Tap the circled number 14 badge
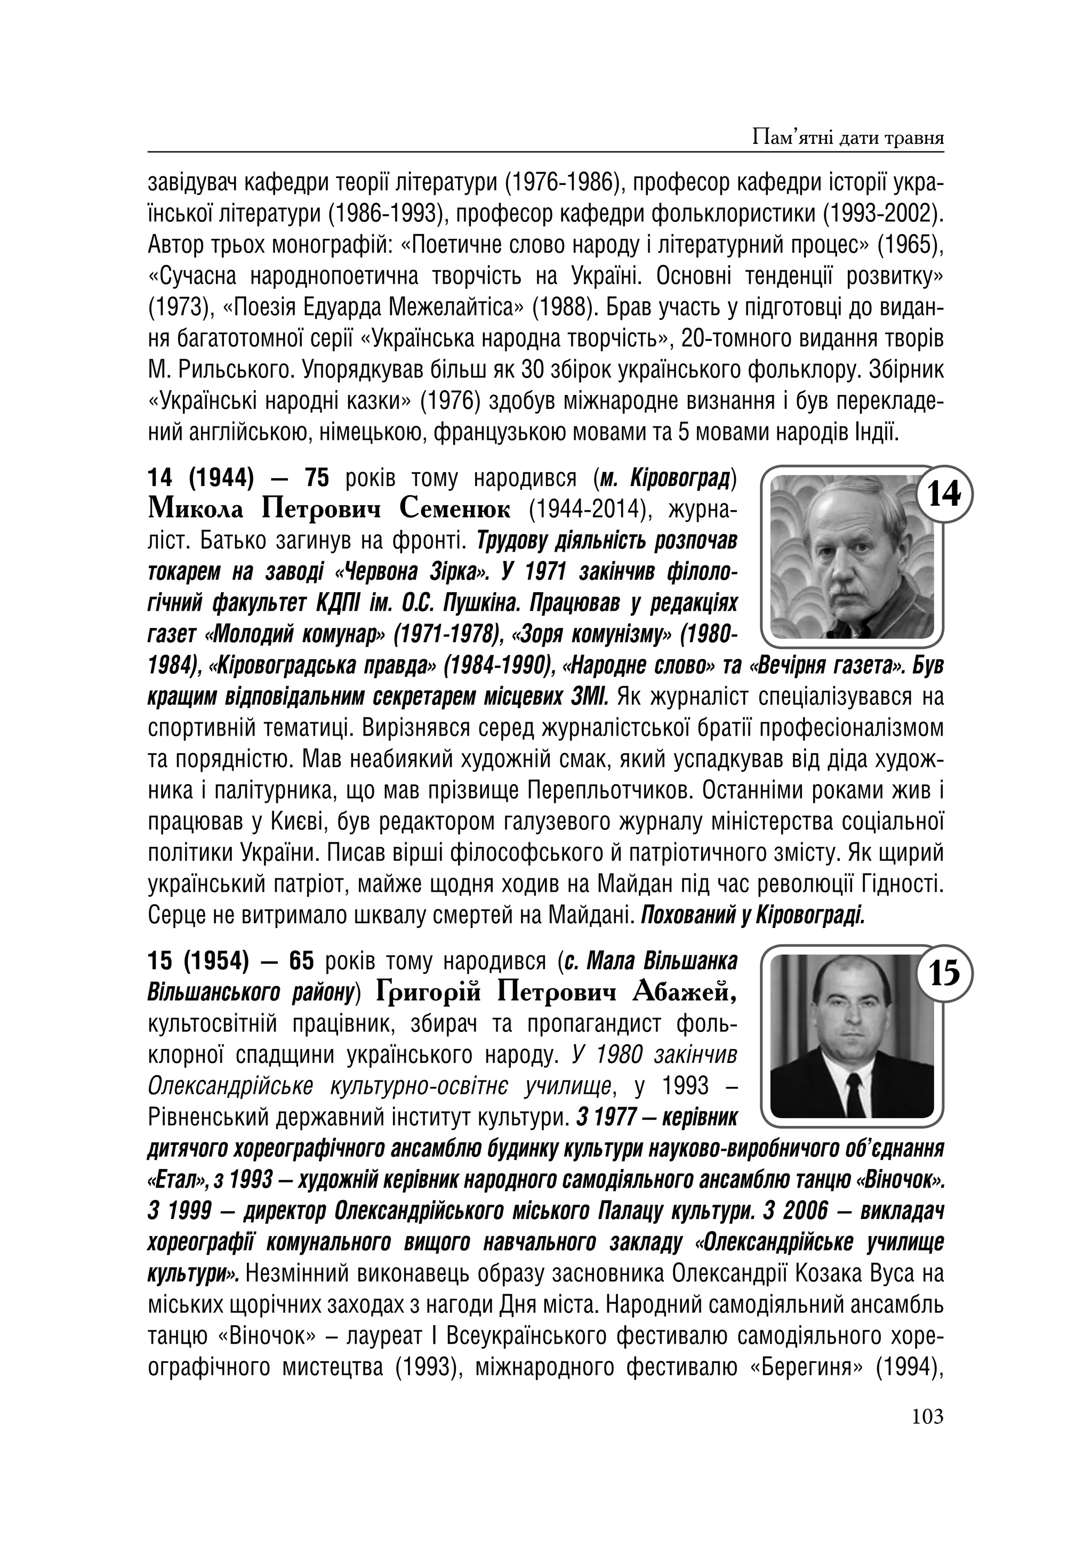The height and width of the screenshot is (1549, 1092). point(944,495)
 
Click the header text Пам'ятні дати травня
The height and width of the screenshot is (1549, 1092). point(847,138)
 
